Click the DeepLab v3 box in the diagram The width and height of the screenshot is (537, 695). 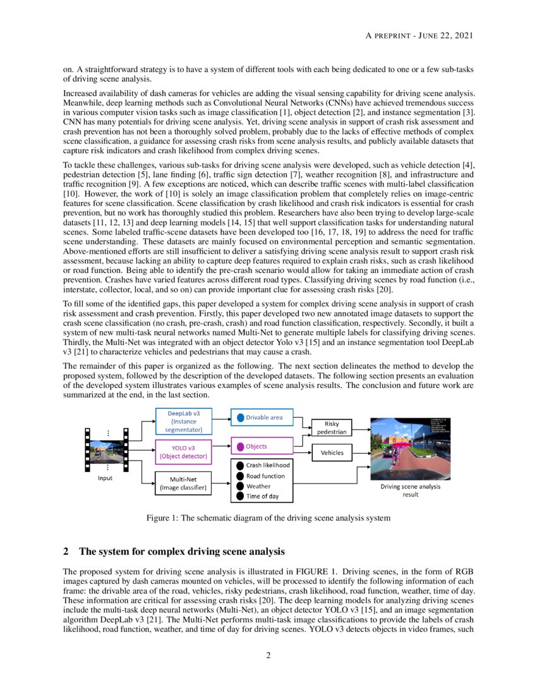click(179, 421)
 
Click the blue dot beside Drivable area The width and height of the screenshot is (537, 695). click(240, 417)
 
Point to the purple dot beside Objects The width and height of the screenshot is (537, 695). click(240, 447)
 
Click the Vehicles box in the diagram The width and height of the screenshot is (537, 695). click(332, 452)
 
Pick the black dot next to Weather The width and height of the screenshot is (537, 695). click(240, 486)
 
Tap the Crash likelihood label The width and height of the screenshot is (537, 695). click(268, 466)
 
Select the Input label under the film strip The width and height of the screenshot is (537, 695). click(105, 478)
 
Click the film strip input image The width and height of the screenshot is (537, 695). click(106, 449)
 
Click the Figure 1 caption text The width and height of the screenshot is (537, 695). click(268, 518)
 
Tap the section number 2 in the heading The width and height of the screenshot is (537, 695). click(66, 552)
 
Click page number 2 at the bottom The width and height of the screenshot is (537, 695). click(268, 655)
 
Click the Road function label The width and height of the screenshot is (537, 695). click(265, 476)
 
